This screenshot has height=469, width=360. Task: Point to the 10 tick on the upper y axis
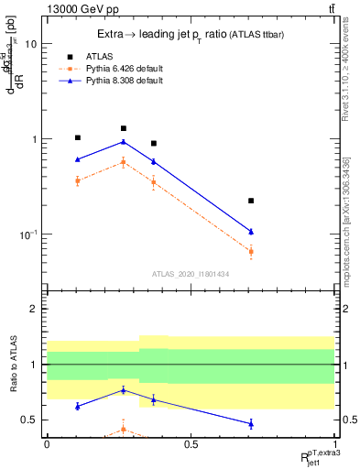coord(32,43)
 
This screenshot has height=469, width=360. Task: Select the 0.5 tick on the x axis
coord(191,444)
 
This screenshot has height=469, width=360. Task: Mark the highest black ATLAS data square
coord(124,128)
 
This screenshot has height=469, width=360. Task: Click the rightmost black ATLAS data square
coord(251,201)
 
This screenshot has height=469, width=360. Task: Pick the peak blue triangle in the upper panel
coord(124,142)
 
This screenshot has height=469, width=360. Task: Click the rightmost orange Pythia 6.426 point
coord(251,251)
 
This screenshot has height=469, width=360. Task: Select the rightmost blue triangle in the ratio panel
coord(251,423)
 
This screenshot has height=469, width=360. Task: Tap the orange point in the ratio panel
coord(124,429)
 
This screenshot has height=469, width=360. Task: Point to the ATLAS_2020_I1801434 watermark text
coord(191,273)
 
